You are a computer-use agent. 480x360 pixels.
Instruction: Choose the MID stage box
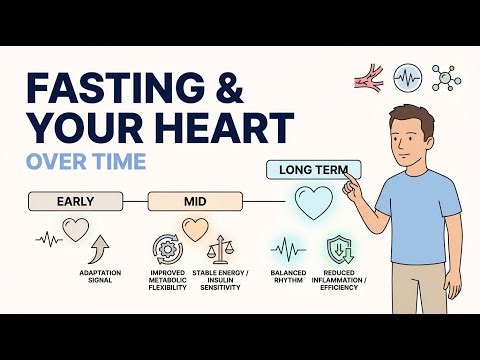click(195, 201)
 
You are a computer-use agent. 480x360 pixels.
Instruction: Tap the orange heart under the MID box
click(194, 228)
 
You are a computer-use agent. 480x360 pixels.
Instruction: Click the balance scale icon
click(222, 250)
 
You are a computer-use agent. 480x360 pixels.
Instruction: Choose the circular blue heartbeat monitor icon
click(406, 76)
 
